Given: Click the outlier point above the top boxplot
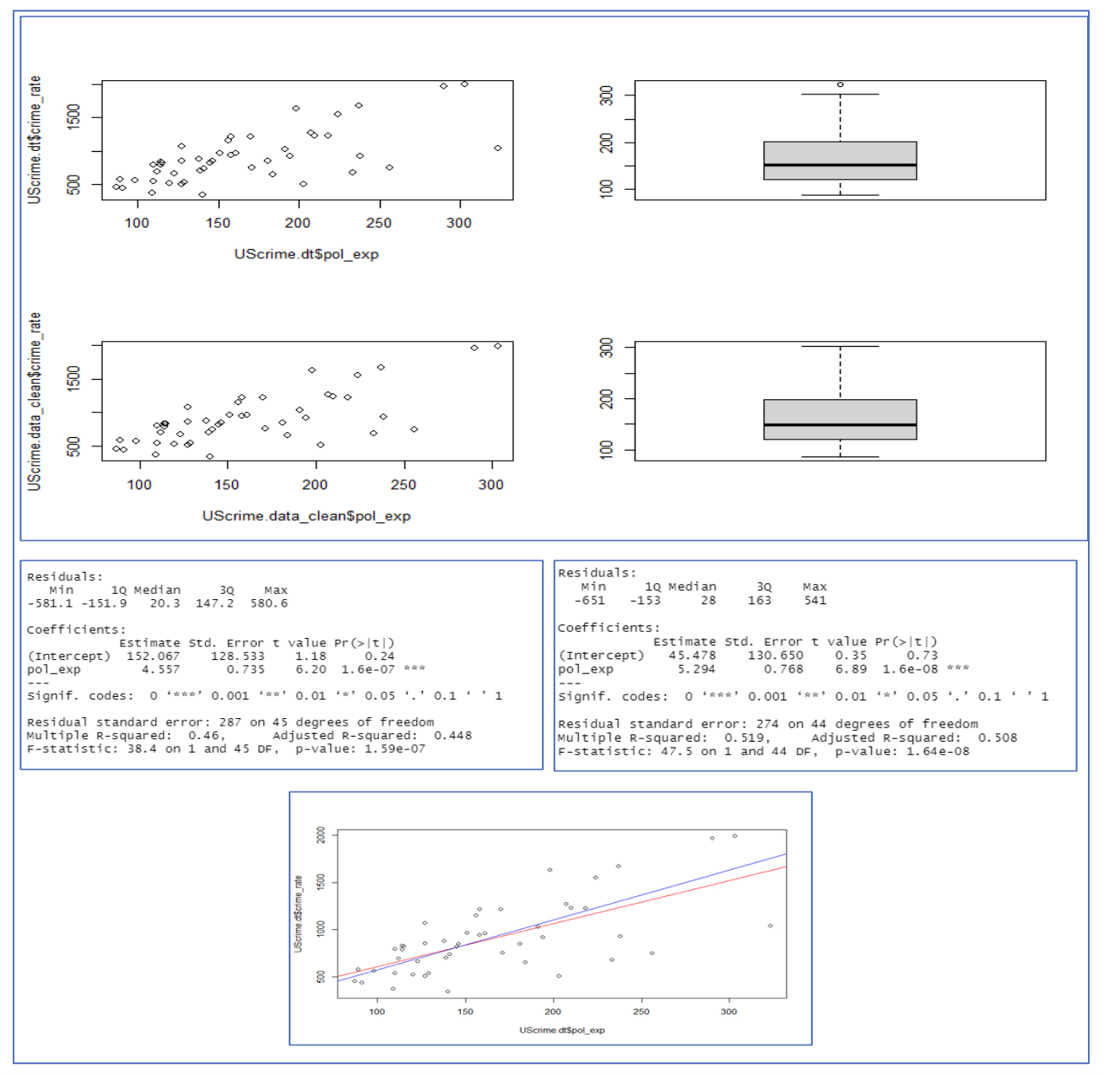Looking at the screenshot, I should (x=840, y=84).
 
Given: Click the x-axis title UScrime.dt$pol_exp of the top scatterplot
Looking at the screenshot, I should (x=306, y=254).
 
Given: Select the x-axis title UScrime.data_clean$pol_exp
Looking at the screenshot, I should (x=306, y=516).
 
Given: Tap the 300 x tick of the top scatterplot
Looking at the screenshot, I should (x=459, y=223).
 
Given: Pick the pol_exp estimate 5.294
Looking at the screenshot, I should (x=696, y=669).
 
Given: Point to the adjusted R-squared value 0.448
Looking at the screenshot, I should (x=452, y=735).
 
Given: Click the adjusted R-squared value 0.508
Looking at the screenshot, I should (x=998, y=737).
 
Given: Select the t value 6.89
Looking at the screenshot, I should (x=850, y=669).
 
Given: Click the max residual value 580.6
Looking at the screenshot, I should (x=268, y=603).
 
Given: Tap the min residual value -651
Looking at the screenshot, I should (x=589, y=600).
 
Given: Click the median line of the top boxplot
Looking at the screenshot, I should (x=840, y=165).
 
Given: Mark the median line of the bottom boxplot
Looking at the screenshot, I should (x=840, y=424).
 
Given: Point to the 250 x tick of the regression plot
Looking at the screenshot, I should (x=641, y=1011).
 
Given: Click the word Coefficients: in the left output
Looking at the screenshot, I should (x=76, y=629).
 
